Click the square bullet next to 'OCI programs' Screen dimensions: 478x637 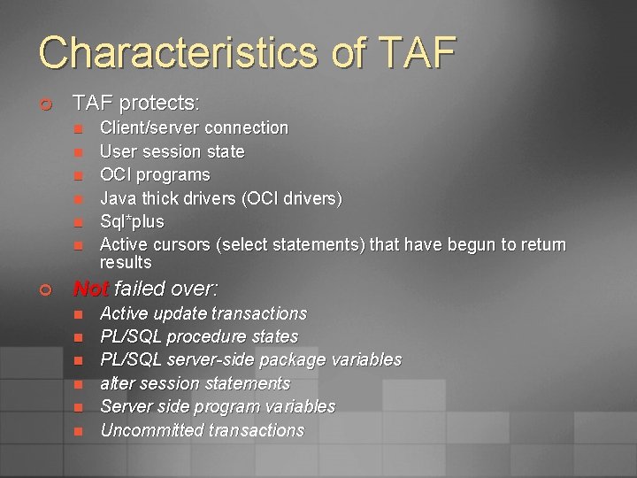tap(77, 175)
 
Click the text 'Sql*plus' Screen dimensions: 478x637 tap(132, 221)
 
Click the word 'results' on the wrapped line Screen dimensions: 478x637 tap(126, 263)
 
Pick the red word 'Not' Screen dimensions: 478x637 tap(90, 289)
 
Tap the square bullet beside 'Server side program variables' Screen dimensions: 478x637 tap(77, 407)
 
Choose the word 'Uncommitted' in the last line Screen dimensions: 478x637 tap(150, 430)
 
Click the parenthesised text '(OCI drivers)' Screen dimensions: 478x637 tap(291, 197)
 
